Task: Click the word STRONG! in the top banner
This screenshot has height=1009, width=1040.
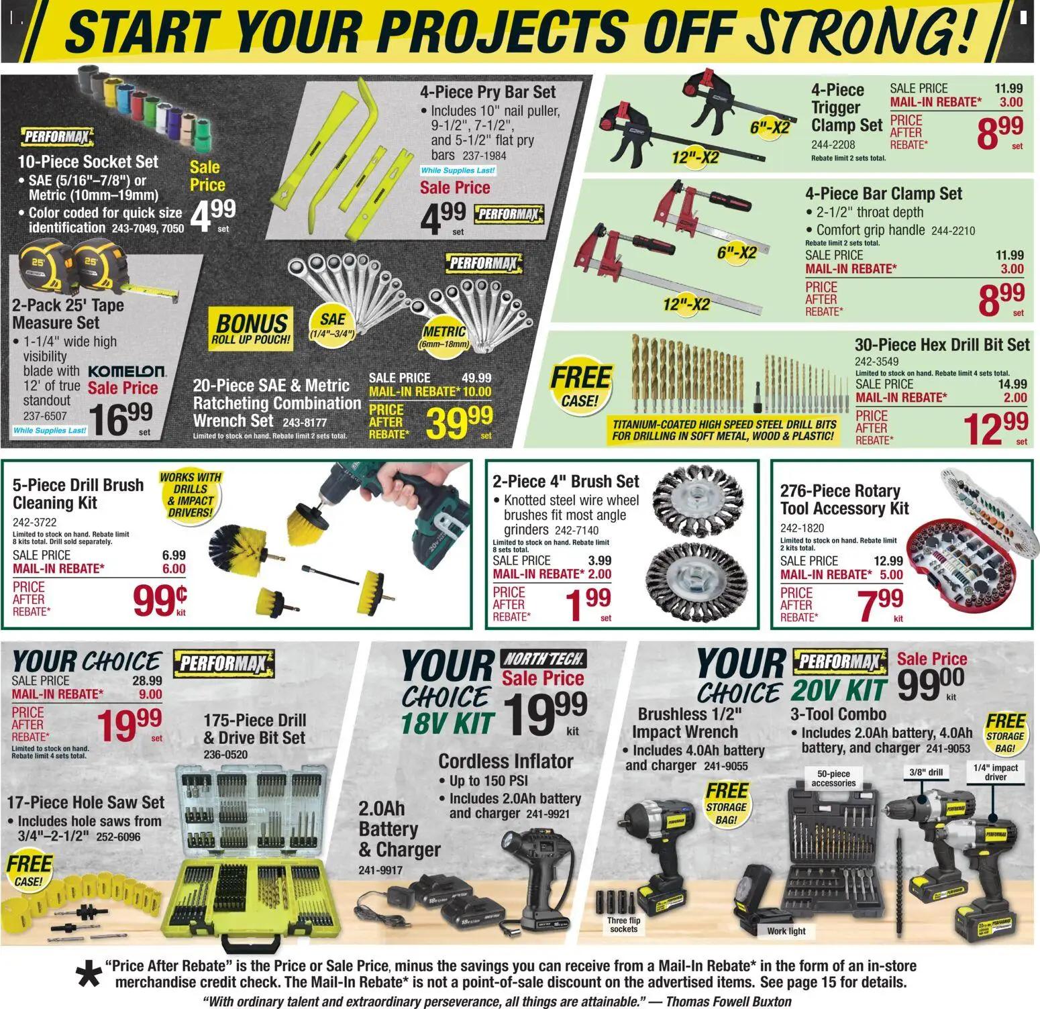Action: click(x=866, y=32)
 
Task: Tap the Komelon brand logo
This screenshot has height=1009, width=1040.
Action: click(x=127, y=370)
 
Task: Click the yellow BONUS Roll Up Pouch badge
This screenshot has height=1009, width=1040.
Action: click(x=251, y=329)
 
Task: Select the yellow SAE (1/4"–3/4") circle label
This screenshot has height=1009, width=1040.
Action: click(x=333, y=325)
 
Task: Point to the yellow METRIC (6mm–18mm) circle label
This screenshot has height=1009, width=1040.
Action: click(x=444, y=336)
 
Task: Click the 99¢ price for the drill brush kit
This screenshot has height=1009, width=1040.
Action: click(x=160, y=599)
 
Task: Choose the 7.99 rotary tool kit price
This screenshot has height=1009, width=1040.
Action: click(x=881, y=604)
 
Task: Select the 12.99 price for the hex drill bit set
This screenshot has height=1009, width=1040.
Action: click(x=995, y=428)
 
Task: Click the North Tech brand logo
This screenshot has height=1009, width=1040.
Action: click(x=544, y=658)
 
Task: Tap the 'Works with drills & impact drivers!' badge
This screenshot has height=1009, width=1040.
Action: click(x=191, y=494)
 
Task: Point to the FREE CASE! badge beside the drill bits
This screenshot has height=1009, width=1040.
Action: click(x=580, y=386)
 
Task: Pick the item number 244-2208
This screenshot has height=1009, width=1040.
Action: click(x=833, y=144)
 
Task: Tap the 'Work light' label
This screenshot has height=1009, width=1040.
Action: click(x=786, y=931)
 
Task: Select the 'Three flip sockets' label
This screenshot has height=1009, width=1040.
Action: click(x=623, y=924)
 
